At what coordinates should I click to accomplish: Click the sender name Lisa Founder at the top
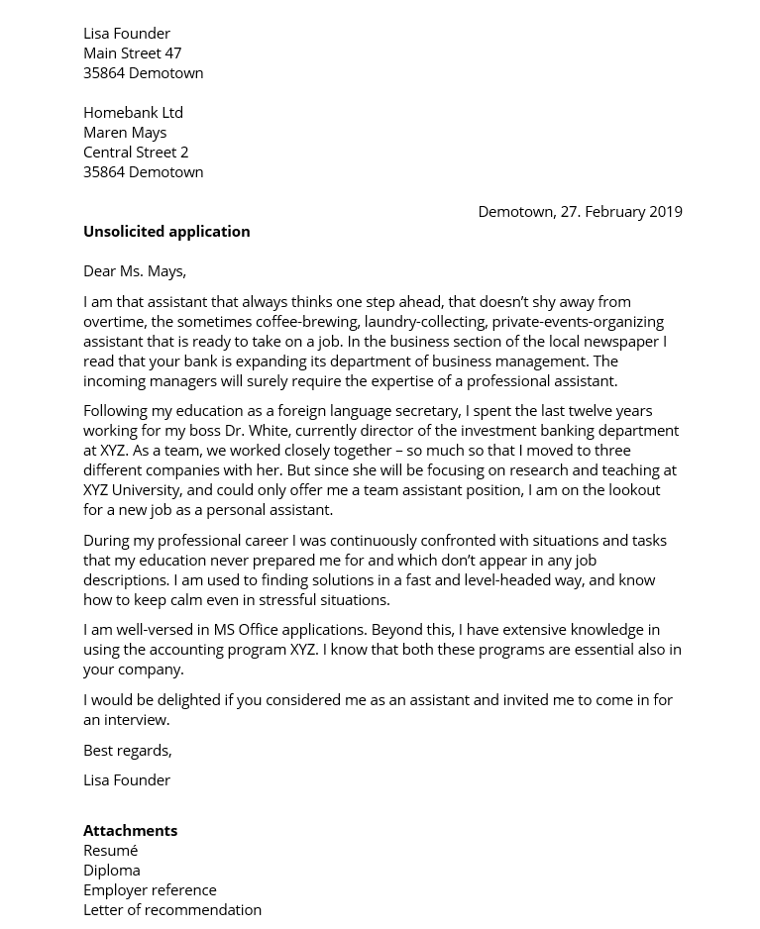point(127,33)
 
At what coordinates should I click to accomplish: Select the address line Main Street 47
point(132,52)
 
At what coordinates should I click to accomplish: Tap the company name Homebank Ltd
point(133,112)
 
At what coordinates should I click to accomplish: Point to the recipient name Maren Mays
point(125,132)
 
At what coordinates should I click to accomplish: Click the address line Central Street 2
point(136,152)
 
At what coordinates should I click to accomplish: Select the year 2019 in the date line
point(664,211)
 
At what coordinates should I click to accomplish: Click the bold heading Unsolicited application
point(166,231)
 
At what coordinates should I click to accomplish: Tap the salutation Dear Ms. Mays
point(135,270)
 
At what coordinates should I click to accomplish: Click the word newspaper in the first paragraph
point(624,341)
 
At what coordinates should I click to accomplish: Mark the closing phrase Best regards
point(127,750)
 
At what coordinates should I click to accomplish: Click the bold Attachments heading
point(130,830)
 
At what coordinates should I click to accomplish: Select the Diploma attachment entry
point(112,870)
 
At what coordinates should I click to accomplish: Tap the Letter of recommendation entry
point(172,909)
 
